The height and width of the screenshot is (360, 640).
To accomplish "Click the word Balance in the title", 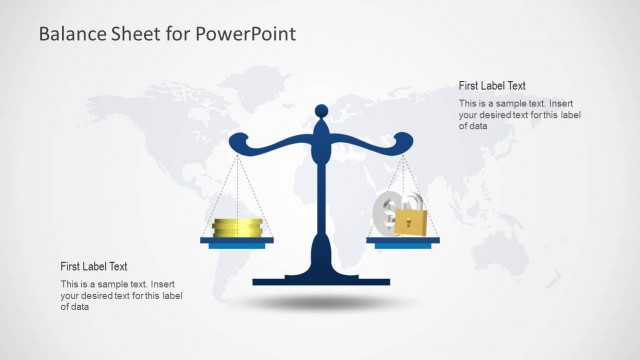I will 70,34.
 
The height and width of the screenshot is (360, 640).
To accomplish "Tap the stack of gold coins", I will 237,228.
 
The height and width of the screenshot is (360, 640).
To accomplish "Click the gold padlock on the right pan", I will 408,223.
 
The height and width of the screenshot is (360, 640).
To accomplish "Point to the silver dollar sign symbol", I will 386,211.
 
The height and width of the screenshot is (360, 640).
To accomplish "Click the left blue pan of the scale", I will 237,242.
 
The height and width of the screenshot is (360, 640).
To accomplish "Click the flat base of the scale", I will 320,280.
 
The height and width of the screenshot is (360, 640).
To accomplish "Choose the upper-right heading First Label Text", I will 492,86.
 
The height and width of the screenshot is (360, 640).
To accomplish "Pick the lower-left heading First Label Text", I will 94,266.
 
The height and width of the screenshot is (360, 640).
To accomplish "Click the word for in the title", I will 176,34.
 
